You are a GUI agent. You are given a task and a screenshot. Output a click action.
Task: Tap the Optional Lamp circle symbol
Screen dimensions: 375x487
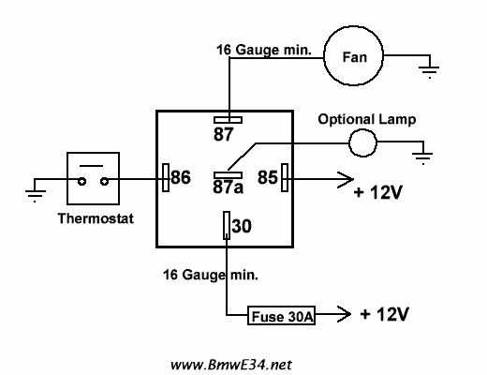(x=361, y=143)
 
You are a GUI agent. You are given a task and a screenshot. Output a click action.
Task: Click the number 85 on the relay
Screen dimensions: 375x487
(x=267, y=175)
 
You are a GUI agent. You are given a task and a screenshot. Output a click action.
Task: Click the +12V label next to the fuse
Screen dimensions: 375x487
(x=384, y=313)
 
